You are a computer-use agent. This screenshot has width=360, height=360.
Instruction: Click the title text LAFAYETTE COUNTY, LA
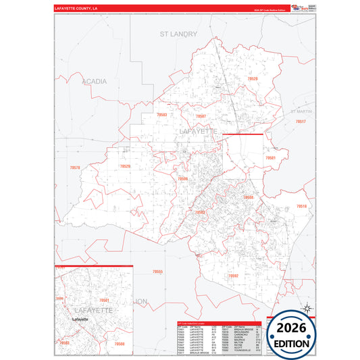(76, 9)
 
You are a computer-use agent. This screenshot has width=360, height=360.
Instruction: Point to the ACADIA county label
(94, 81)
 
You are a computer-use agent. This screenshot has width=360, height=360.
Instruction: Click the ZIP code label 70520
(252, 79)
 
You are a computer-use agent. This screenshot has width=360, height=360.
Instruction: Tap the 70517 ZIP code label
(301, 121)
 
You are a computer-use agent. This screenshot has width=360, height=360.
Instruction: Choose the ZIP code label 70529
(124, 166)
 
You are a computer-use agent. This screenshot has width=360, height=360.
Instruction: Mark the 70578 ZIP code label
(74, 167)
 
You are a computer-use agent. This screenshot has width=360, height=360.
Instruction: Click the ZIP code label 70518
(301, 206)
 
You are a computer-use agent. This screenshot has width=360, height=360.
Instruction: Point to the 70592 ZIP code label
(233, 276)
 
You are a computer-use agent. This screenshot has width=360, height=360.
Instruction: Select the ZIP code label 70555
(157, 272)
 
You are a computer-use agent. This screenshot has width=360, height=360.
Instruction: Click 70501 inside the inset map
(103, 299)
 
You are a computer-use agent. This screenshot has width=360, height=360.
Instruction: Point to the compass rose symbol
(307, 309)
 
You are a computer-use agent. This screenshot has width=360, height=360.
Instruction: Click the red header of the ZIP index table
(220, 324)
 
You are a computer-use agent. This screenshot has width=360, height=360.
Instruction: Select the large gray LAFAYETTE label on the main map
(198, 130)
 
